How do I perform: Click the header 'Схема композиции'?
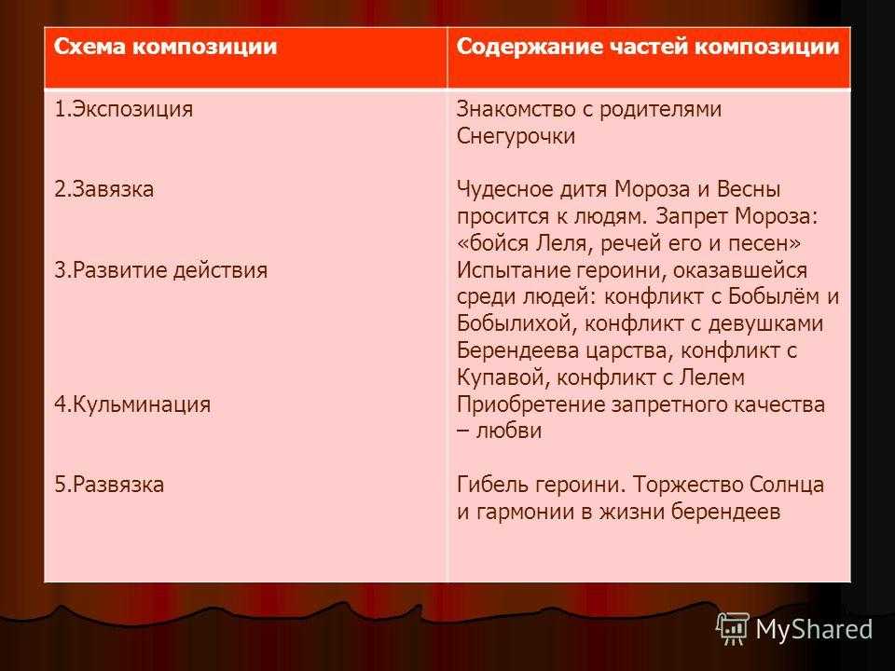coord(165,47)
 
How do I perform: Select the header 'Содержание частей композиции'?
coord(648,47)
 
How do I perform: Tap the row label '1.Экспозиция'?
coord(123,110)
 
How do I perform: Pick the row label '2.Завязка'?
coord(103,189)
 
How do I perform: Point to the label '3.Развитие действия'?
coord(161,270)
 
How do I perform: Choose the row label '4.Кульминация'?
coord(132,404)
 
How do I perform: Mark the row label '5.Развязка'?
coord(109,485)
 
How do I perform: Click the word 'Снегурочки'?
coord(516,137)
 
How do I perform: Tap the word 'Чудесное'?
coord(505,189)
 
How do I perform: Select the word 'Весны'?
coord(749,189)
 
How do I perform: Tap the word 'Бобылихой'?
coord(518,324)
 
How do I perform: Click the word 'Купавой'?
coord(503,377)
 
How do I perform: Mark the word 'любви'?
coord(509,431)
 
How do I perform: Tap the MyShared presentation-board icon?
coord(733,629)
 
